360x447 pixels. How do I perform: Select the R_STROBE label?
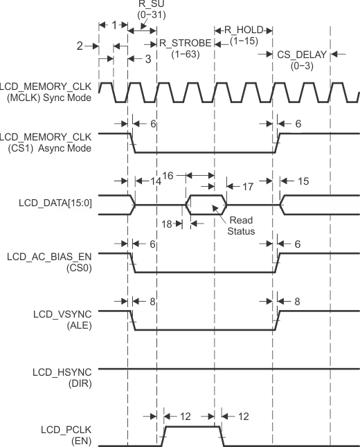coord(186,43)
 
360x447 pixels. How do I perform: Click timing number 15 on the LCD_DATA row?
coord(303,181)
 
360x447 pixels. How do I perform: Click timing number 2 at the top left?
coord(79,46)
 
